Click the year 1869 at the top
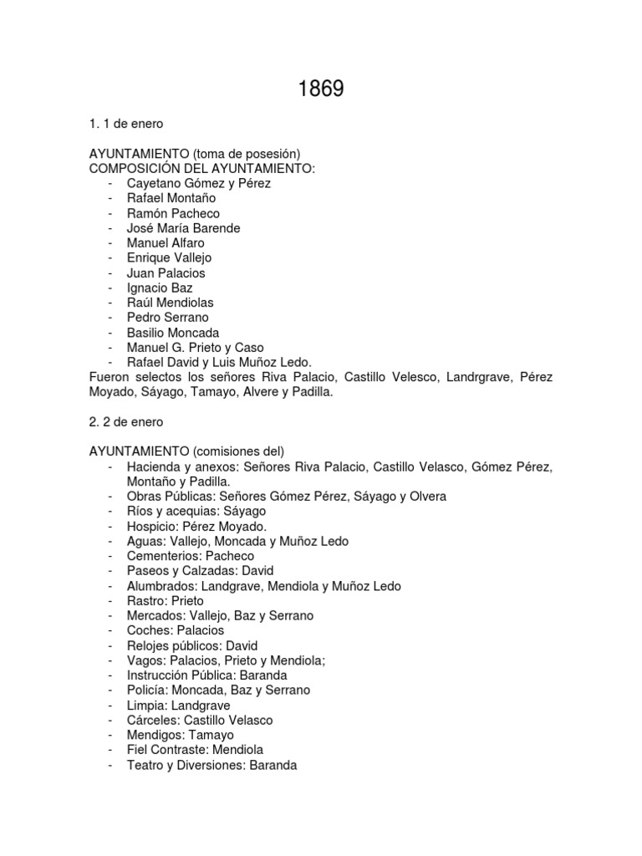(x=321, y=89)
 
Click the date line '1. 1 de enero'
(x=126, y=124)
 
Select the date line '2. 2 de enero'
(x=126, y=421)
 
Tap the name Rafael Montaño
(x=171, y=198)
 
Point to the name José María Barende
(x=183, y=228)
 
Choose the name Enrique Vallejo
(x=169, y=257)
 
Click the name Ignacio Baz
(x=160, y=288)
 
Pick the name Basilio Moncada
(x=173, y=332)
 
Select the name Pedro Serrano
(x=168, y=318)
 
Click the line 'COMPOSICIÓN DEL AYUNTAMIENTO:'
(x=202, y=168)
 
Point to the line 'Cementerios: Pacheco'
(x=191, y=556)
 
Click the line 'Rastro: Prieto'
(x=166, y=601)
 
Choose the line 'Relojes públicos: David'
(x=192, y=645)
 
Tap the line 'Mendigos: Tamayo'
(x=181, y=735)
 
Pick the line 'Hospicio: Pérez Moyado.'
(x=196, y=527)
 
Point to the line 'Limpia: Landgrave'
(x=178, y=706)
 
